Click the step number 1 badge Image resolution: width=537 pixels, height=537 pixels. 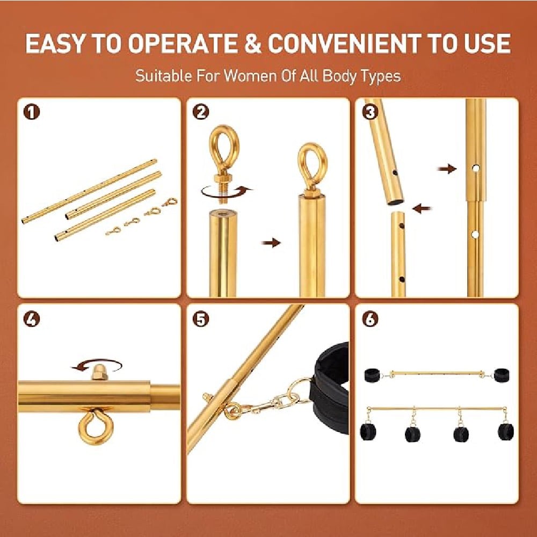click(x=32, y=112)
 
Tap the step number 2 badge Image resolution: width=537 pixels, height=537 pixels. click(x=201, y=112)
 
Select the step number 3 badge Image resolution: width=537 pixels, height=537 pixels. click(x=370, y=112)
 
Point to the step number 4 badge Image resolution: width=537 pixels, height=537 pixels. click(x=32, y=319)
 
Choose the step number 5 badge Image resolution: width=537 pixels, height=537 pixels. click(x=201, y=319)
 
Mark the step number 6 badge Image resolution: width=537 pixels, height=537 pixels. click(x=370, y=319)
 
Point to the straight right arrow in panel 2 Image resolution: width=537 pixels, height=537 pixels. click(x=271, y=243)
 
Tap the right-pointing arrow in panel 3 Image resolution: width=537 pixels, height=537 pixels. click(x=447, y=169)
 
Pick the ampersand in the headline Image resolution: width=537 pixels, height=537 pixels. click(x=252, y=43)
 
